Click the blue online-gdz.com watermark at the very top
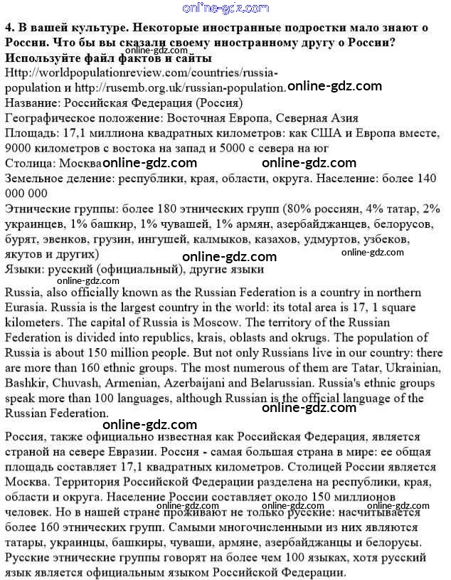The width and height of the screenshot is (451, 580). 225,8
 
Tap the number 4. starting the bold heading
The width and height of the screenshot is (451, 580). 10,28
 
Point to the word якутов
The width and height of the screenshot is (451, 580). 23,254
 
